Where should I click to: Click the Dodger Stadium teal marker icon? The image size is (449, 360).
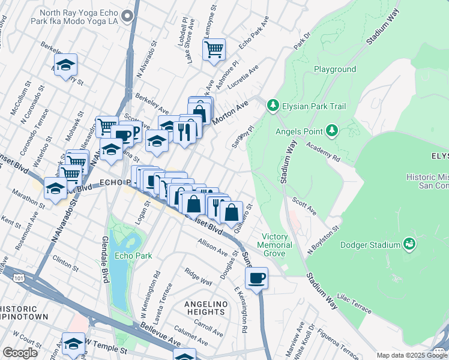click(409, 244)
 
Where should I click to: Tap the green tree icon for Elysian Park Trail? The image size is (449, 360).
click(273, 106)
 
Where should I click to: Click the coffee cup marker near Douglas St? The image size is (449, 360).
click(256, 278)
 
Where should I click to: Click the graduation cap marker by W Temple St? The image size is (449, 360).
click(74, 344)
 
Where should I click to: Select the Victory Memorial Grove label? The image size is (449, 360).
click(275, 241)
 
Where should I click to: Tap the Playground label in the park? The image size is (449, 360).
click(334, 69)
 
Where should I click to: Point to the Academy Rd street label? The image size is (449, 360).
click(324, 152)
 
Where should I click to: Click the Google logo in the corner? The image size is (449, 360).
click(20, 353)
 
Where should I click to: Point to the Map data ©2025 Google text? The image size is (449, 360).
click(412, 355)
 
